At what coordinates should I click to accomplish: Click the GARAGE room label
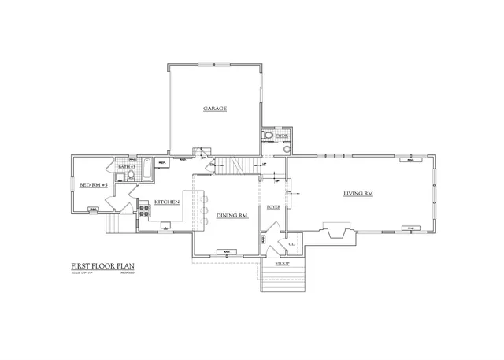coord(215,109)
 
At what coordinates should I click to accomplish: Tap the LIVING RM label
coord(358,194)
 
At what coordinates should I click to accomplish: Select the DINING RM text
coord(232,214)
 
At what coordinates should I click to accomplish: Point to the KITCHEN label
coord(167,202)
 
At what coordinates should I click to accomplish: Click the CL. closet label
coord(291,245)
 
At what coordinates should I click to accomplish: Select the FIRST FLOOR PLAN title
coord(101,266)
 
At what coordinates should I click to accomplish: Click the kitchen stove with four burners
coord(144,210)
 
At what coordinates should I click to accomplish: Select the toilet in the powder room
coord(269,135)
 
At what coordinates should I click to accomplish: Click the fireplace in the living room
coord(336,232)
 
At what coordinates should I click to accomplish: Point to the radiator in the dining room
coord(226,251)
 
